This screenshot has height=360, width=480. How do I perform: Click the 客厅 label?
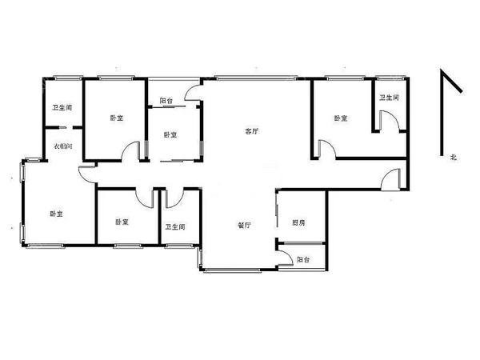252,131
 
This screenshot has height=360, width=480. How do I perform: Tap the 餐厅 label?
245,226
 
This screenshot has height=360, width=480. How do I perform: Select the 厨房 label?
298,222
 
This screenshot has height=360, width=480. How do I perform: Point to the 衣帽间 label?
63,146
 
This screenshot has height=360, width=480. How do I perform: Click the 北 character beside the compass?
454,157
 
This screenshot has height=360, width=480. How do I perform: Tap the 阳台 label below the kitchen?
303,259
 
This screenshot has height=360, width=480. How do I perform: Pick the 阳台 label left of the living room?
166,101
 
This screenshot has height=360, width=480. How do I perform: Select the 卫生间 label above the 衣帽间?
62,107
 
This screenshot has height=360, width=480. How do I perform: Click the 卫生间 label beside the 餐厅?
175,227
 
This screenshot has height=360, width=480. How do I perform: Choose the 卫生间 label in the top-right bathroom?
390,98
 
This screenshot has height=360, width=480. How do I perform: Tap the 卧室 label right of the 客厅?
341,118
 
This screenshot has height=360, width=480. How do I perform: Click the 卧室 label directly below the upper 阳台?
170,134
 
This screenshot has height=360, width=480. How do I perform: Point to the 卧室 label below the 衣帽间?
57,214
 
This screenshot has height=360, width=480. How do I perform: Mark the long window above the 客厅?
255,78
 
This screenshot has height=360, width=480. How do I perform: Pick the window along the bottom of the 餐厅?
232,270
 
